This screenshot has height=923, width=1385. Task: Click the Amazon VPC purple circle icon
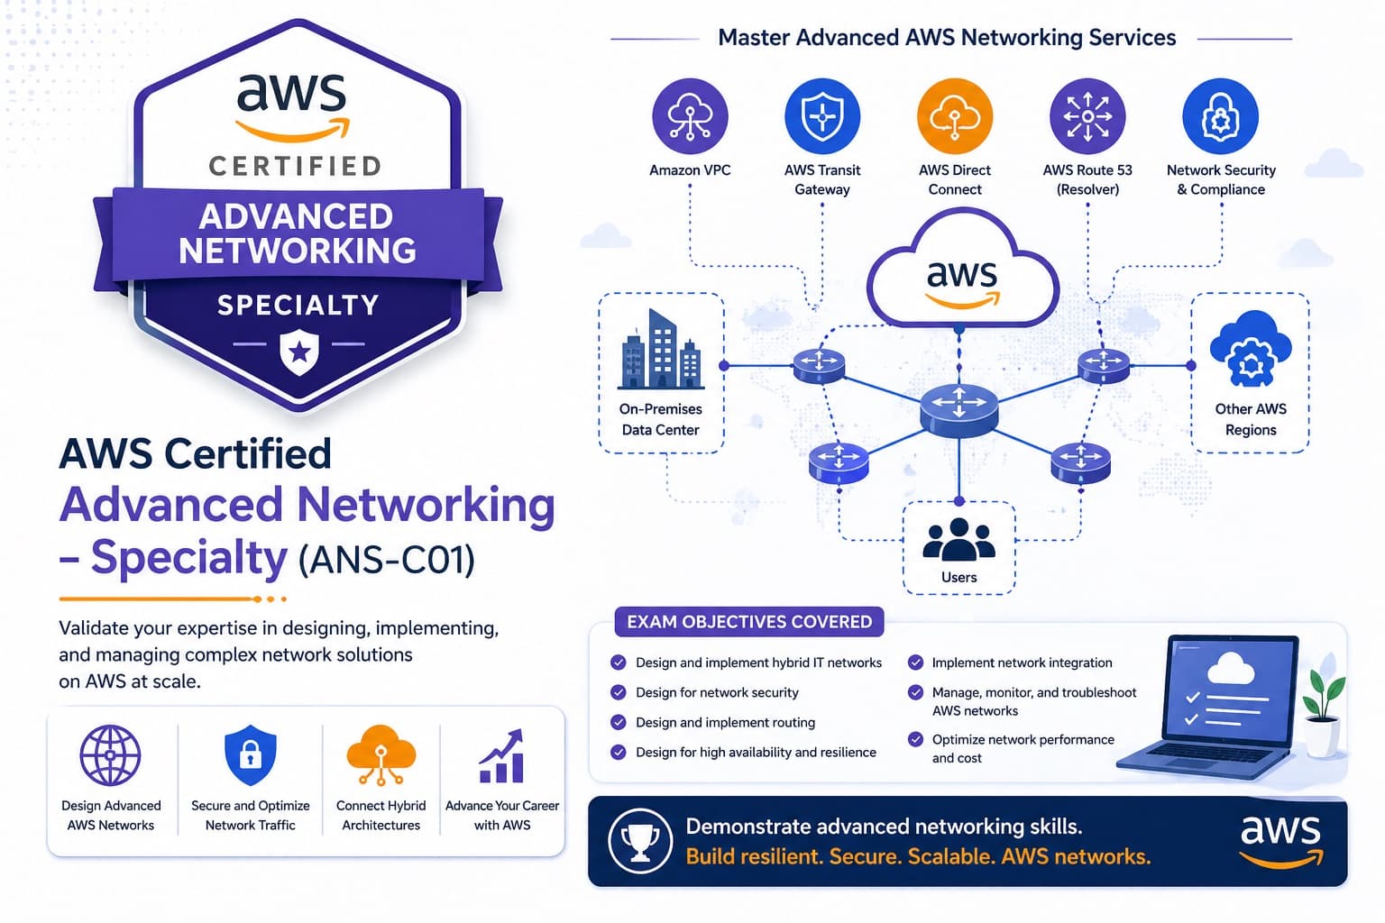click(x=690, y=116)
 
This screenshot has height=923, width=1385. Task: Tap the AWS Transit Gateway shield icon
click(x=822, y=116)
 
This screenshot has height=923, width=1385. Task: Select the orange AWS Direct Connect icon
click(x=955, y=116)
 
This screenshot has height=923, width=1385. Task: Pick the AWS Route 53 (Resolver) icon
click(x=1087, y=116)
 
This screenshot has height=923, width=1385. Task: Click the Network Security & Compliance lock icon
click(x=1220, y=116)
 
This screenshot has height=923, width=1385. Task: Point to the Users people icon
click(x=958, y=539)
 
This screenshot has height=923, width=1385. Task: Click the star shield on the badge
click(x=299, y=352)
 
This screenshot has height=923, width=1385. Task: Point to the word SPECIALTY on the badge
click(x=298, y=306)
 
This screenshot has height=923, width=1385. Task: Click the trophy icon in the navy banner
click(x=640, y=840)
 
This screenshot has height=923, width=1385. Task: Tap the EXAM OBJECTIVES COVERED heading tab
click(x=749, y=622)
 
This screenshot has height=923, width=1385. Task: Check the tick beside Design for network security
click(x=619, y=692)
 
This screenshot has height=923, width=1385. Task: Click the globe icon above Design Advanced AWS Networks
click(x=111, y=755)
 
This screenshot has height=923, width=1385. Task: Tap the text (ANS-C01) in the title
click(x=387, y=560)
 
